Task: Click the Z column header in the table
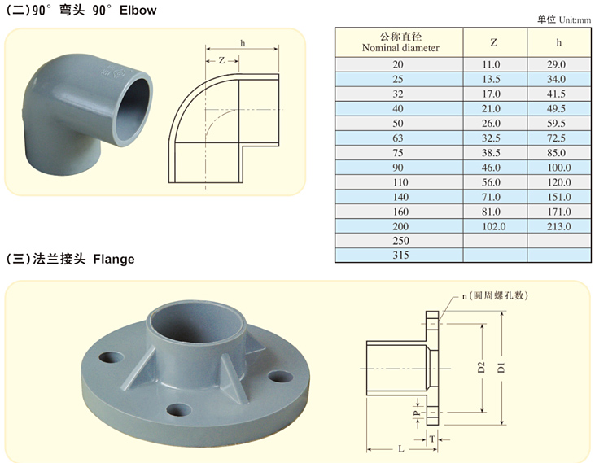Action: pyautogui.click(x=494, y=42)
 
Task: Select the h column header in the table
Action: pyautogui.click(x=558, y=42)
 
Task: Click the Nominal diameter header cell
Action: pyautogui.click(x=400, y=42)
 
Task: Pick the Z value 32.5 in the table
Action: pyautogui.click(x=491, y=138)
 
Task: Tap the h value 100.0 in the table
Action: pyautogui.click(x=559, y=168)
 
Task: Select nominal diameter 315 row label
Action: pyautogui.click(x=400, y=255)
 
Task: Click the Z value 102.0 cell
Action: pyautogui.click(x=494, y=226)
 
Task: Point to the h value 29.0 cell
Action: pyautogui.click(x=556, y=64)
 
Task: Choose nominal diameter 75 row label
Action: pyautogui.click(x=398, y=152)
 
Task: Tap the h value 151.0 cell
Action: pyautogui.click(x=559, y=197)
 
